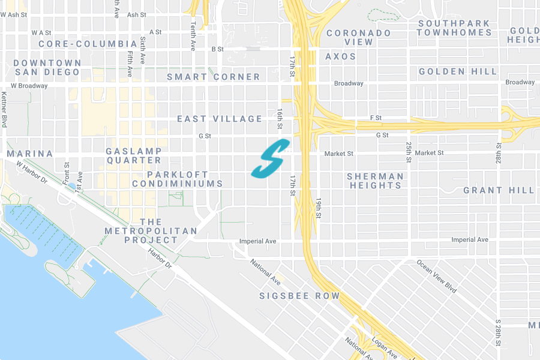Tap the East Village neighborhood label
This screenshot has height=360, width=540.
point(220,119)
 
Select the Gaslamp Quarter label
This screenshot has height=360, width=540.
point(134,155)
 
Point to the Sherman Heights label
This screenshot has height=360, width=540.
point(375,181)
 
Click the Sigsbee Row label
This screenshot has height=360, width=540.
point(299,296)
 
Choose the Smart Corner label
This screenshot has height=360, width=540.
point(214,77)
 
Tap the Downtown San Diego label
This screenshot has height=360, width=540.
point(47,67)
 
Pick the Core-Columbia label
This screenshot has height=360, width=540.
point(88,44)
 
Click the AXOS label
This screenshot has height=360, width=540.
point(341,56)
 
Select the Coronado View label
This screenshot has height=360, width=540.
point(359,37)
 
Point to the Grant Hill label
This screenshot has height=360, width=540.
point(499,190)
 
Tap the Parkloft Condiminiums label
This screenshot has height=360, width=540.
point(177,179)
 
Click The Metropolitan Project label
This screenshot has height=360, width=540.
point(151,231)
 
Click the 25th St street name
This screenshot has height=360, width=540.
point(407,152)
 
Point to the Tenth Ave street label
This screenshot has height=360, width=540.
point(193,37)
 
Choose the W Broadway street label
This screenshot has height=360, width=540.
point(24,86)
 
